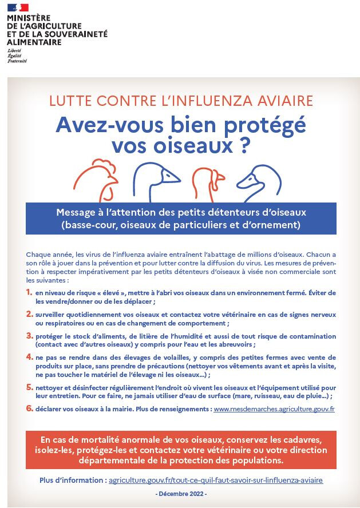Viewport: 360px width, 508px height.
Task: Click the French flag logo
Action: [18, 7]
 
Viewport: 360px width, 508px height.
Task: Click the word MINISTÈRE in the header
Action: [29, 18]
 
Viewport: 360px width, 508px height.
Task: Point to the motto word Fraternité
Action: [17, 61]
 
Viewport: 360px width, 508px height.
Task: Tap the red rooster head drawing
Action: [96, 177]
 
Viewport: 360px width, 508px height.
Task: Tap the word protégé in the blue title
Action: [265, 125]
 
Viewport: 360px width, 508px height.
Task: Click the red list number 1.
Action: [29, 292]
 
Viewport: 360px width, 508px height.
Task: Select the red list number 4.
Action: [30, 357]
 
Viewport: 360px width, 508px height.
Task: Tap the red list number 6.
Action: [30, 408]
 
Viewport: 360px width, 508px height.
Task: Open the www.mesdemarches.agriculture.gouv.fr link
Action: [274, 409]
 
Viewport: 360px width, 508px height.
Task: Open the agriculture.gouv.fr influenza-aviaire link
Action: [216, 480]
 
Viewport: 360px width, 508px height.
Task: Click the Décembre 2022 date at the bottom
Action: [181, 494]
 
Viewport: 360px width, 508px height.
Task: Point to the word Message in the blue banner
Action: [74, 213]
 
